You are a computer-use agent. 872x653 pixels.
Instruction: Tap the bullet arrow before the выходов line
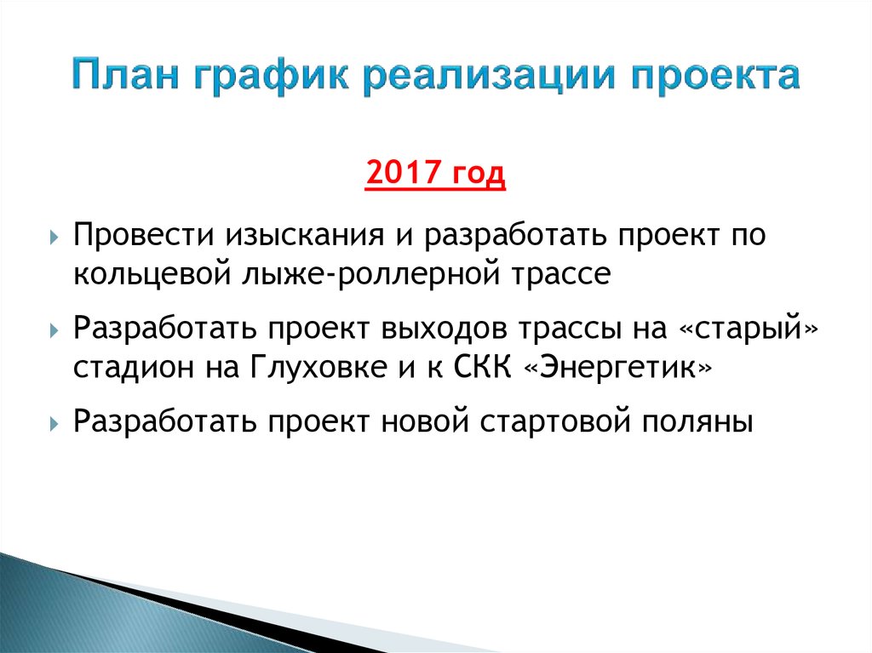coord(54,329)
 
